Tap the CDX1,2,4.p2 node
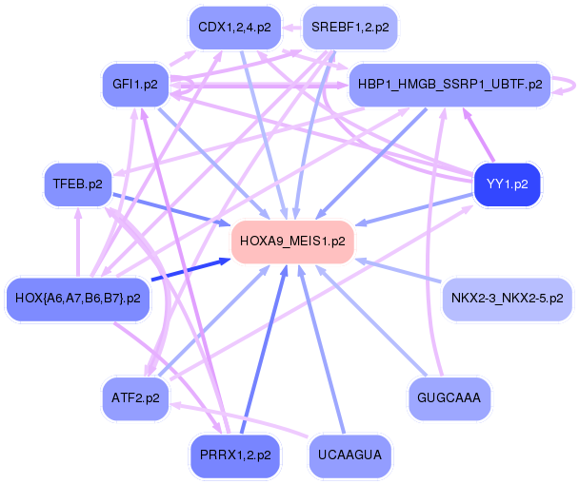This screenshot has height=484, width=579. click(233, 28)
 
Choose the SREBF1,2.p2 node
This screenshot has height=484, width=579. click(349, 28)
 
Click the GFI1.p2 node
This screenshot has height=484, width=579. click(134, 85)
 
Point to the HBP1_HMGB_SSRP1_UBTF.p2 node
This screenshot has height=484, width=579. click(450, 85)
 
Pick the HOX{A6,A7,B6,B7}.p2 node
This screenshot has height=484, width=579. click(78, 299)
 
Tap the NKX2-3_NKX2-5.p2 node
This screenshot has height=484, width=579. click(508, 299)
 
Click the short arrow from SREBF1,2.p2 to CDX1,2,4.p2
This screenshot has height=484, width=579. click(291, 28)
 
